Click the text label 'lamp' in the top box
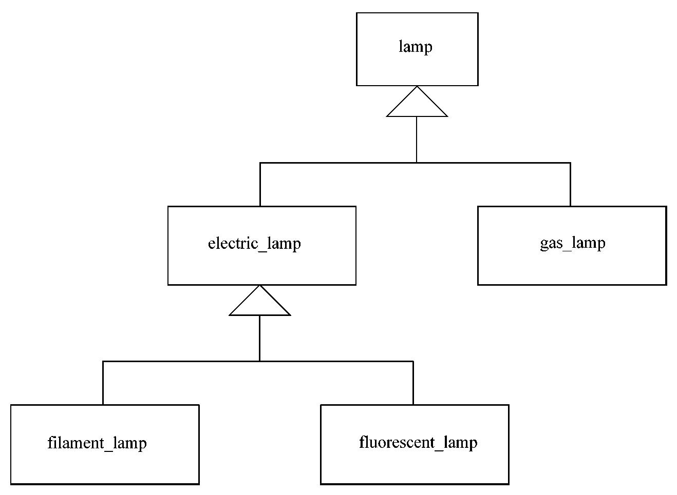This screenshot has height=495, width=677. point(416,47)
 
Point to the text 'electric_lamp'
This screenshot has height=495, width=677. point(254,243)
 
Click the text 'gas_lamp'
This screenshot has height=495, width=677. point(572,242)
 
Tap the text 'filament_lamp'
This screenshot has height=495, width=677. point(97,442)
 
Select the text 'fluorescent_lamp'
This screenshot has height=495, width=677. point(418,442)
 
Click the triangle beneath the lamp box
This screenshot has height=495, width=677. point(417,106)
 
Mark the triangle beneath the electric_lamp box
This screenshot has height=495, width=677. point(259,304)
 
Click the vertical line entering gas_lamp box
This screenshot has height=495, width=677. point(570,185)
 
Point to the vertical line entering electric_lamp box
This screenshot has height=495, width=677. point(260,185)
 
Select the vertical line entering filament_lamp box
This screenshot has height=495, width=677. point(103,383)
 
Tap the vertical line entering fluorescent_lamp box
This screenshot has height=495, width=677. point(413,383)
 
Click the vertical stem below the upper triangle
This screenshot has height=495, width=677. point(417,140)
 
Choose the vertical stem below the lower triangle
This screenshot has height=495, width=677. point(259,338)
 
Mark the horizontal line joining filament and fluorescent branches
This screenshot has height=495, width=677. point(180,361)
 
